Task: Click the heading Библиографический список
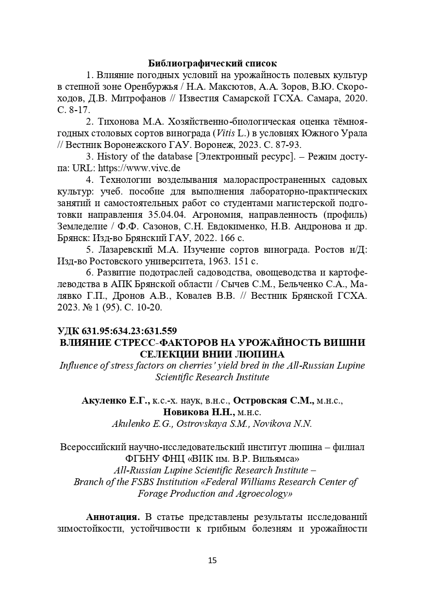coord(212,64)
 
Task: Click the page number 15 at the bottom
coord(212,560)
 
